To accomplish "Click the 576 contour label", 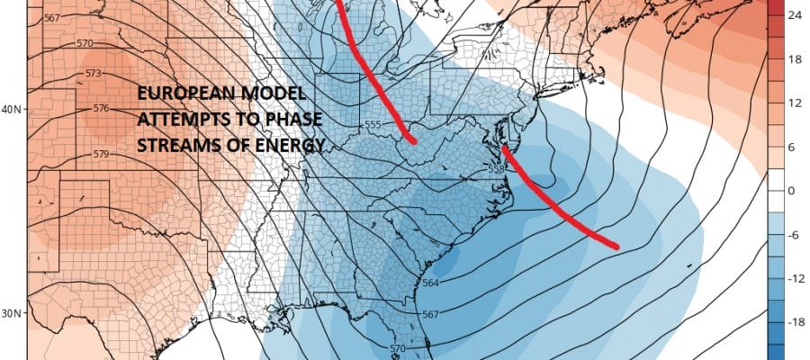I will [x=100, y=109].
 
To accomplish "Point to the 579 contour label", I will [x=100, y=154].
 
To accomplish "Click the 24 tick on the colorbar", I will [x=796, y=15].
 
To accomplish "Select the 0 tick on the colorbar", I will [x=790, y=191].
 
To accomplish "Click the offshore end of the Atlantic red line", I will [x=616, y=245].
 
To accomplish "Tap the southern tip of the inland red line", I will [x=413, y=140].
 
